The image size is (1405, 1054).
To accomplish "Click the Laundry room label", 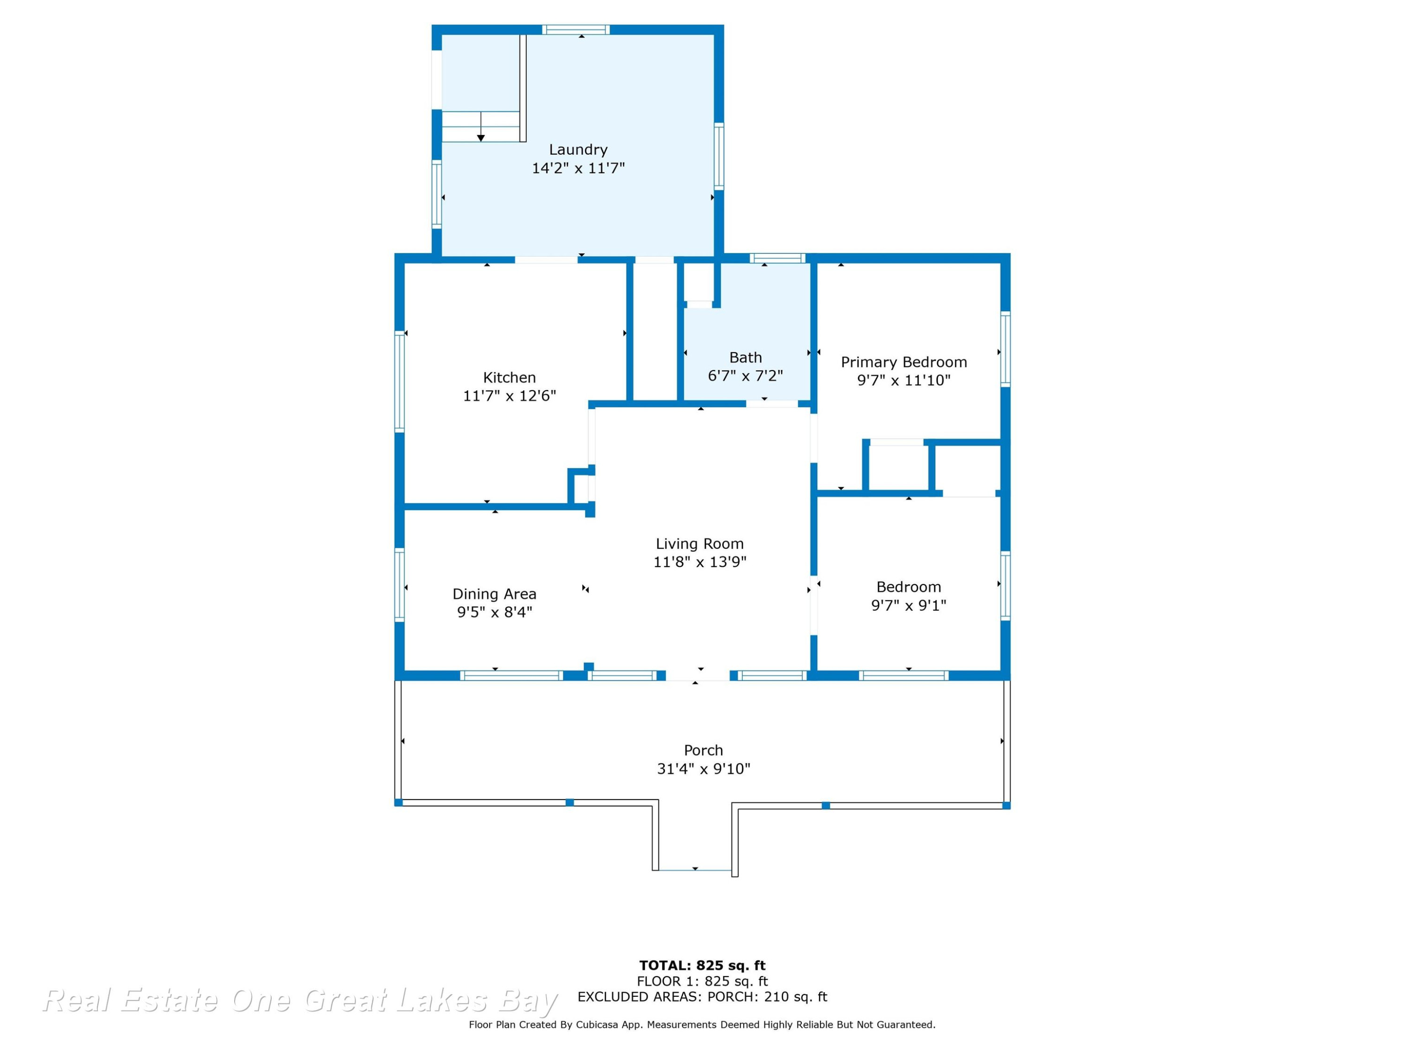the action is click(578, 149).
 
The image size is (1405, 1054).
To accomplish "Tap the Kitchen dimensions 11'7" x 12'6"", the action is click(510, 396).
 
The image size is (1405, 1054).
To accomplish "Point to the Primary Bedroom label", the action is click(904, 362).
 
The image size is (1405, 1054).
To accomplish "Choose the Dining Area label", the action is click(494, 594).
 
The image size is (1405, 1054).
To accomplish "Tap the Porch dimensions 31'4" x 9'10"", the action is click(703, 769).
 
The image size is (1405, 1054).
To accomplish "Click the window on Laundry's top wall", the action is click(576, 29).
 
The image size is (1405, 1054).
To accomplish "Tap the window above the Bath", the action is click(777, 258).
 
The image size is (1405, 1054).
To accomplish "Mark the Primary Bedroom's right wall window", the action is click(1006, 349).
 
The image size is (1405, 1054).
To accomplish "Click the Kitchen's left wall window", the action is click(399, 382).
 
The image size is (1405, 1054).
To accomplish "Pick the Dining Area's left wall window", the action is click(399, 585).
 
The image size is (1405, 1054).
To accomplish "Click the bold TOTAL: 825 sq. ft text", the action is click(702, 965).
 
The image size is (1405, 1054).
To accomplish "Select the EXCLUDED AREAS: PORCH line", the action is click(702, 997).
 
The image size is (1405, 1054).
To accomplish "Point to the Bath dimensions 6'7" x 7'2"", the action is click(745, 376).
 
